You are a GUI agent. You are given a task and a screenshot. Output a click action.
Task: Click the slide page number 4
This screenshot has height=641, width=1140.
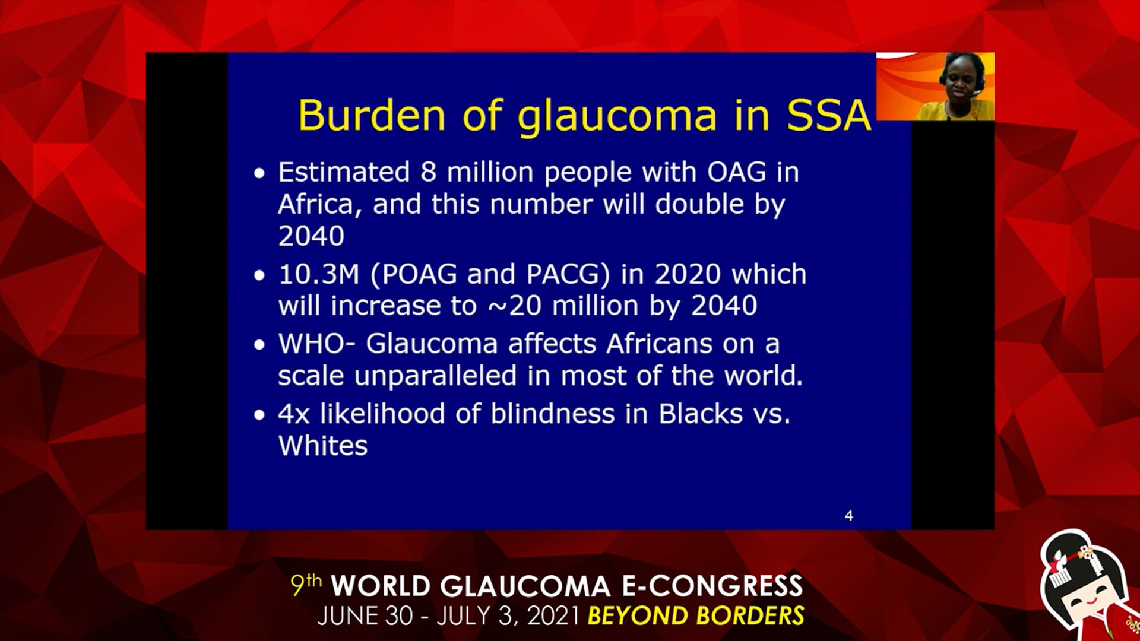[x=849, y=516]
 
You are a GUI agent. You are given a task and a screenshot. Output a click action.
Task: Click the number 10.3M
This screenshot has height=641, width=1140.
[x=319, y=274]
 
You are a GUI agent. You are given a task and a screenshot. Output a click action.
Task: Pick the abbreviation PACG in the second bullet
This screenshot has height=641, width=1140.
[x=563, y=274]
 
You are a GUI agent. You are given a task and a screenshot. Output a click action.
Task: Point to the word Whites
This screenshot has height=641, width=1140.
[x=323, y=446]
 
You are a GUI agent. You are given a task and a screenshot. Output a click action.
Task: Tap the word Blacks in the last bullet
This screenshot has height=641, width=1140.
[x=701, y=414]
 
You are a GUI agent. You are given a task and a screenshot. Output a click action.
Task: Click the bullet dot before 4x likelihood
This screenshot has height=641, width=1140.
[x=259, y=415]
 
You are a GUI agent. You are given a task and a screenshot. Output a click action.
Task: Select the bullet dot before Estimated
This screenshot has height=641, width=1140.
[x=259, y=174]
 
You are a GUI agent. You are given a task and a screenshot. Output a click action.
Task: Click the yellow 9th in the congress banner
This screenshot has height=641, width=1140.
[x=306, y=585]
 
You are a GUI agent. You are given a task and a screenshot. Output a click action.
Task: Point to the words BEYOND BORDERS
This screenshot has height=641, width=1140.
[x=696, y=615]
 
